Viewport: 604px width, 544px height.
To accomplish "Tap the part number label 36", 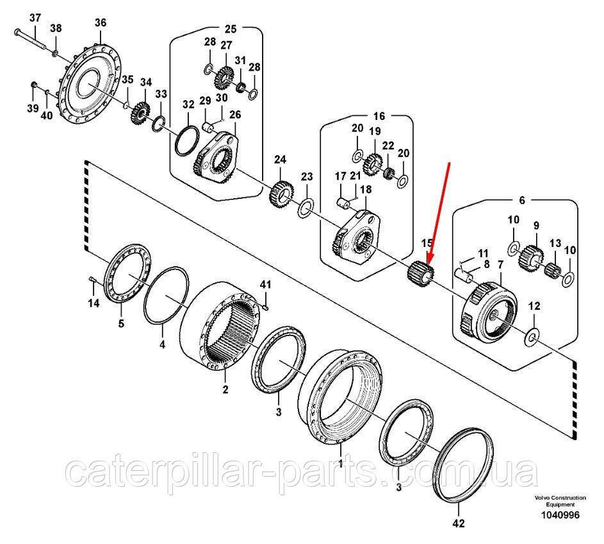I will tap(100, 22).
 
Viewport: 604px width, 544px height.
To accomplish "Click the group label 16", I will tap(379, 116).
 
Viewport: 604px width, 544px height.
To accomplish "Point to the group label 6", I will tap(521, 200).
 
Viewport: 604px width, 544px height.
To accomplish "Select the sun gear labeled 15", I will tap(421, 272).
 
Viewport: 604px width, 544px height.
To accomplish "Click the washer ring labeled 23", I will tap(305, 207).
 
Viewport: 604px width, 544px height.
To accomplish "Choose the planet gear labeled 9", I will tap(532, 257).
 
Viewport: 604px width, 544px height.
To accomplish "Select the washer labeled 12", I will tap(532, 336).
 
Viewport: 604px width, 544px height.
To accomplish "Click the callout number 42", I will tap(457, 524).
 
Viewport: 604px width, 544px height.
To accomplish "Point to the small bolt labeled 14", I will tap(92, 278).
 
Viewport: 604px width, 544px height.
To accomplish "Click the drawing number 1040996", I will tap(557, 514).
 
